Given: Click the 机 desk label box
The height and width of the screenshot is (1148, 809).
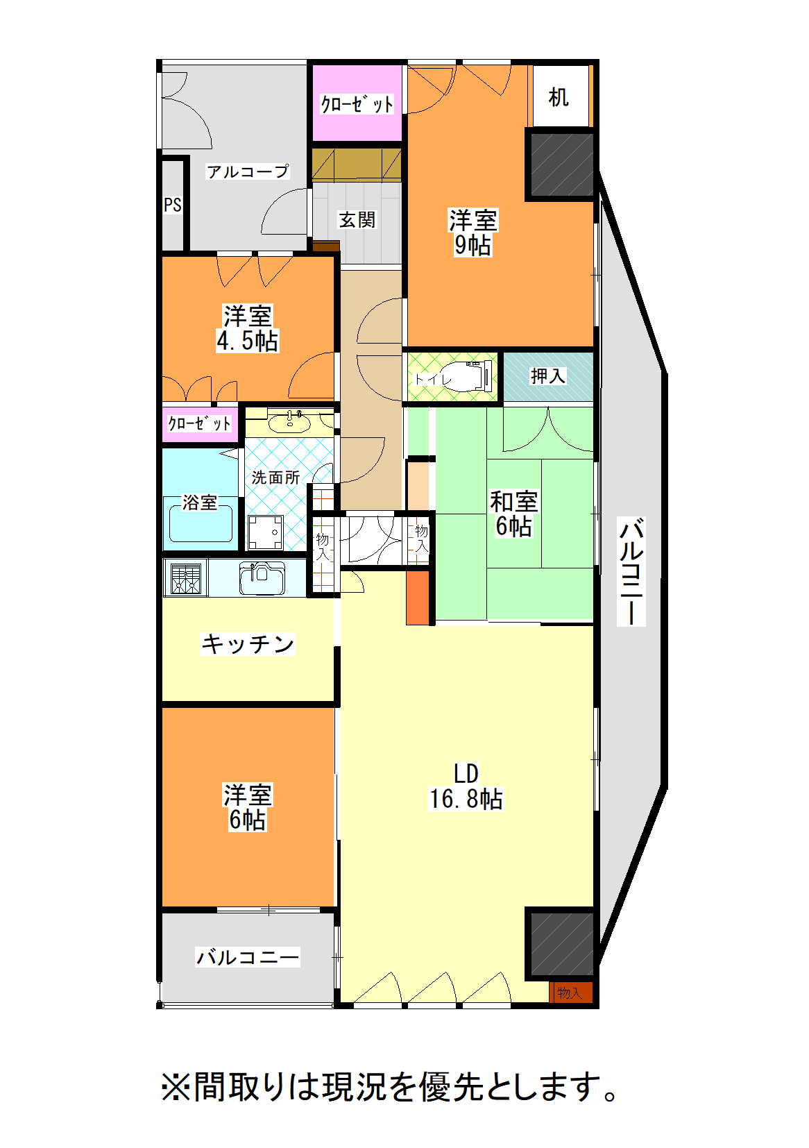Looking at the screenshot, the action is [x=561, y=96].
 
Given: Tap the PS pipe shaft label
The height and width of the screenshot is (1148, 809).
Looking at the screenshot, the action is [x=173, y=205].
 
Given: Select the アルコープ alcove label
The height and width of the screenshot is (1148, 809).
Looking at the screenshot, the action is [x=248, y=171].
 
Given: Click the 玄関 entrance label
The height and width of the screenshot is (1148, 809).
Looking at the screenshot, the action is [x=357, y=220].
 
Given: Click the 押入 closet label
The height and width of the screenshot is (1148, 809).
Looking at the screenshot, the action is [x=548, y=376].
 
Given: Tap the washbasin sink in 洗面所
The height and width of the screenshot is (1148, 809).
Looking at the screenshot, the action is [x=290, y=421].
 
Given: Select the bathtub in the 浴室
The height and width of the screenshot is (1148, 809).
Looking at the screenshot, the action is [x=201, y=520].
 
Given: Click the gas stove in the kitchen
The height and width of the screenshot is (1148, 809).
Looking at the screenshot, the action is [x=185, y=578].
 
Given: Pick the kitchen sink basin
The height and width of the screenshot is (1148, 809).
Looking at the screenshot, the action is [x=262, y=578].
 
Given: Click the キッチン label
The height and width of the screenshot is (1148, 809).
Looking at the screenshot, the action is [x=248, y=643].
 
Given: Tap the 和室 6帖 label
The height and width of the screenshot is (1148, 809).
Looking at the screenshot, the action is [x=514, y=514].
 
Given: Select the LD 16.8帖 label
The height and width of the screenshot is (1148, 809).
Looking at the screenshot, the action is [x=466, y=786].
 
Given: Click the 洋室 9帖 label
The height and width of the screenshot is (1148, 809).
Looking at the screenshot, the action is [x=473, y=233].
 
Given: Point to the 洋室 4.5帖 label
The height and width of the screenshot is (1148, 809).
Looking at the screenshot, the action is [x=248, y=328].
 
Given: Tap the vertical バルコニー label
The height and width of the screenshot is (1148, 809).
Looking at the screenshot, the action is [x=631, y=571].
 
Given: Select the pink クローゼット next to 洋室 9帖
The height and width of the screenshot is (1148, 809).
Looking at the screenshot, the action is [x=357, y=103].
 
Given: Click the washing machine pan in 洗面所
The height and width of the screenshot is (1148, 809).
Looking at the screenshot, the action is [x=266, y=532].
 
